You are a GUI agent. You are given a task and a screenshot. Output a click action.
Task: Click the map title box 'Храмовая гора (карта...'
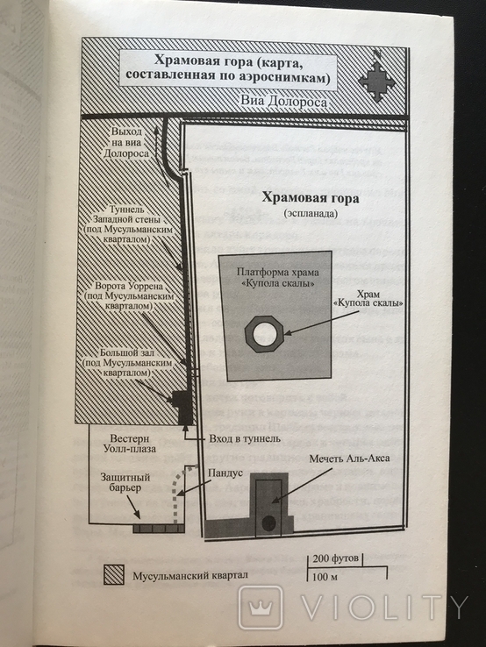click(228, 69)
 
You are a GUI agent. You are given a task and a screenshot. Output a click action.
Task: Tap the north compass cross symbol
click(376, 82)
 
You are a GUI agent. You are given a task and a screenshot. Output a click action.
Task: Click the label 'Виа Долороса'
click(284, 102)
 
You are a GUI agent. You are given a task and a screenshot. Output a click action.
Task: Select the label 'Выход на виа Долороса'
click(126, 143)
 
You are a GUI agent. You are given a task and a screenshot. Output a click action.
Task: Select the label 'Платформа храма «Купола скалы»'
click(277, 278)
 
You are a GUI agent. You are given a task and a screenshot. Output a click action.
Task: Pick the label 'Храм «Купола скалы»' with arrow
click(368, 298)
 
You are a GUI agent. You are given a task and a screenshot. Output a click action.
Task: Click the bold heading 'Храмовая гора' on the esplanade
click(311, 197)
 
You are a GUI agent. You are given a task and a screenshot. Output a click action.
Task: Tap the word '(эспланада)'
click(311, 214)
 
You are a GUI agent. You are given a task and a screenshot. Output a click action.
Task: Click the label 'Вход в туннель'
click(245, 438)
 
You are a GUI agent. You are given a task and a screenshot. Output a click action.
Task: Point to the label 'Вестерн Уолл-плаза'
click(130, 443)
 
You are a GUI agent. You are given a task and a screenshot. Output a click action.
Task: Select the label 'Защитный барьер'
click(125, 482)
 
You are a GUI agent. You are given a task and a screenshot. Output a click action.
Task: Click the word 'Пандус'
click(225, 473)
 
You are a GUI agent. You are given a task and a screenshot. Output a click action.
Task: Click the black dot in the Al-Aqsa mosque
click(268, 523)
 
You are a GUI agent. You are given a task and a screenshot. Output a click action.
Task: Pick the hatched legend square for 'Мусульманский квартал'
click(113, 575)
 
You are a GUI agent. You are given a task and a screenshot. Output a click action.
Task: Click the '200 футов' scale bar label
click(335, 558)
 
